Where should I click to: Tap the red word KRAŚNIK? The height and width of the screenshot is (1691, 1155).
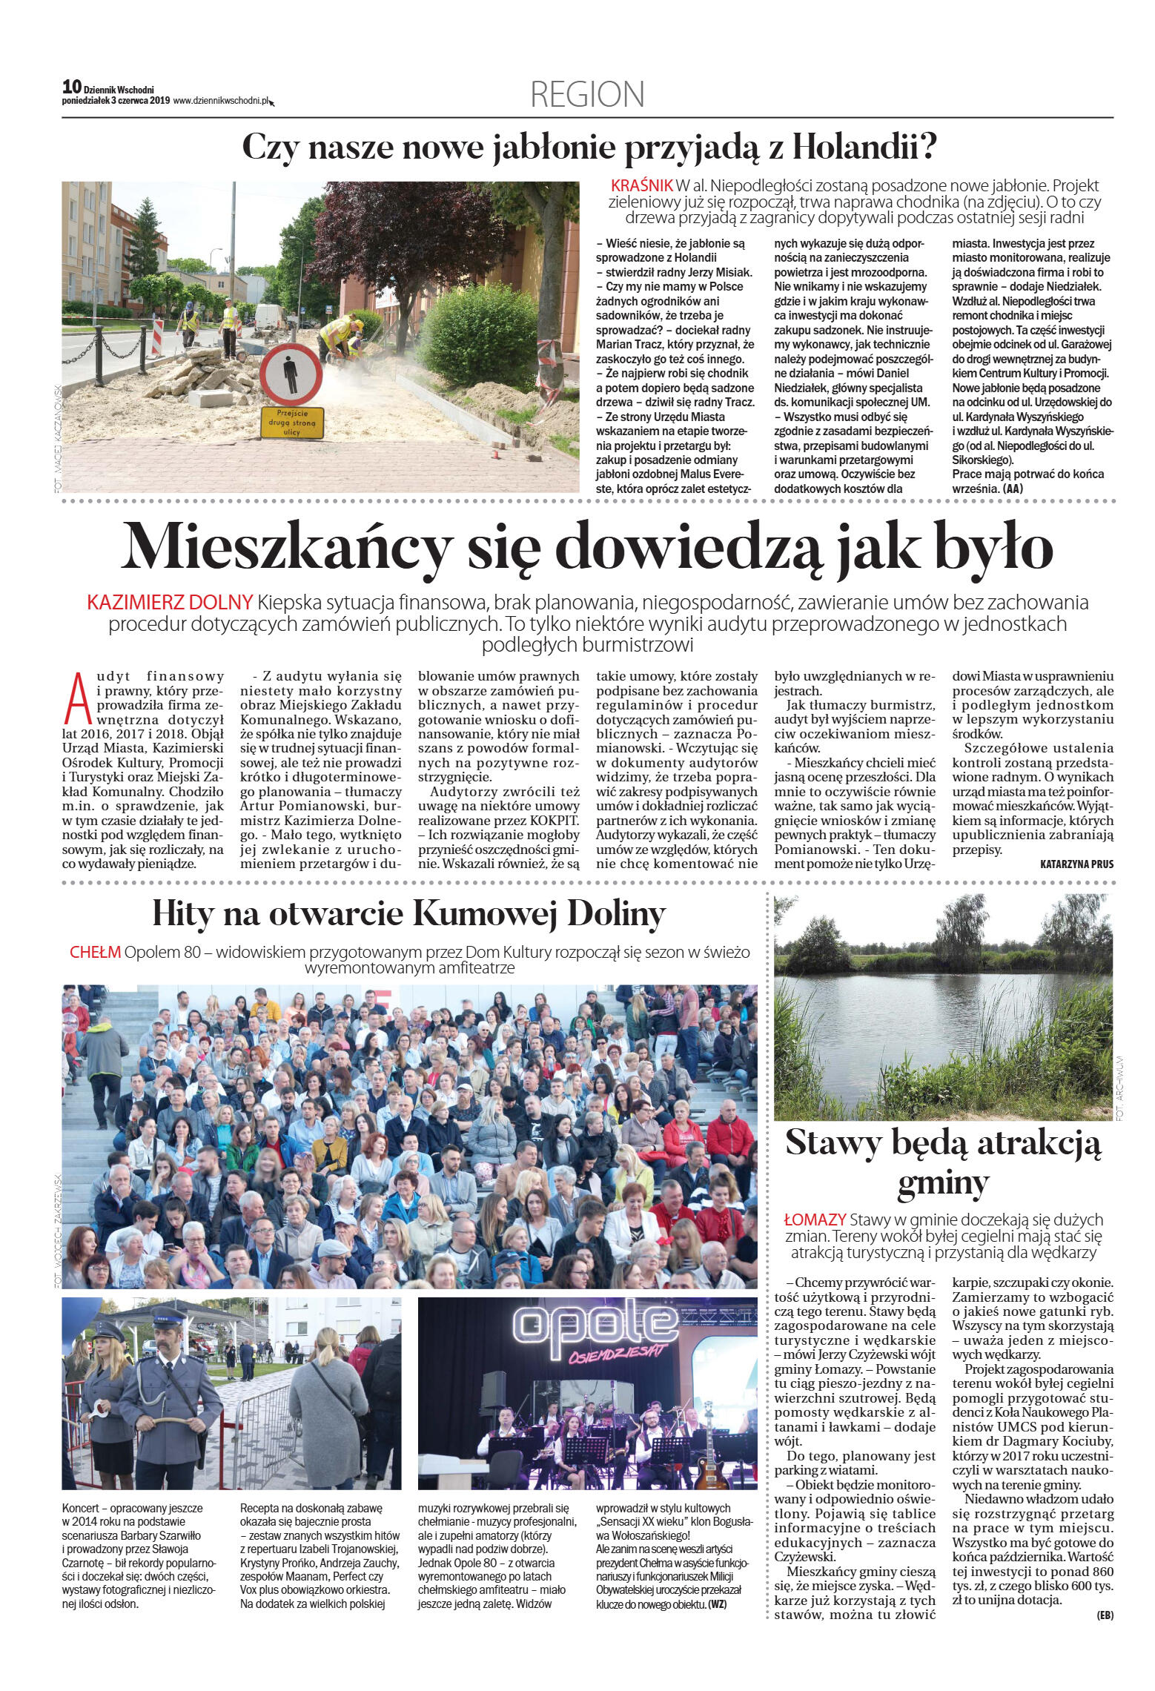tap(641, 185)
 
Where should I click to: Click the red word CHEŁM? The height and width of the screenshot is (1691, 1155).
tap(95, 952)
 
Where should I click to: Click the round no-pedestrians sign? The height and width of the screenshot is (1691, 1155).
tap(293, 372)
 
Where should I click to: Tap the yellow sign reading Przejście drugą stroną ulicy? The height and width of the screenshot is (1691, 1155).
tap(291, 423)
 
